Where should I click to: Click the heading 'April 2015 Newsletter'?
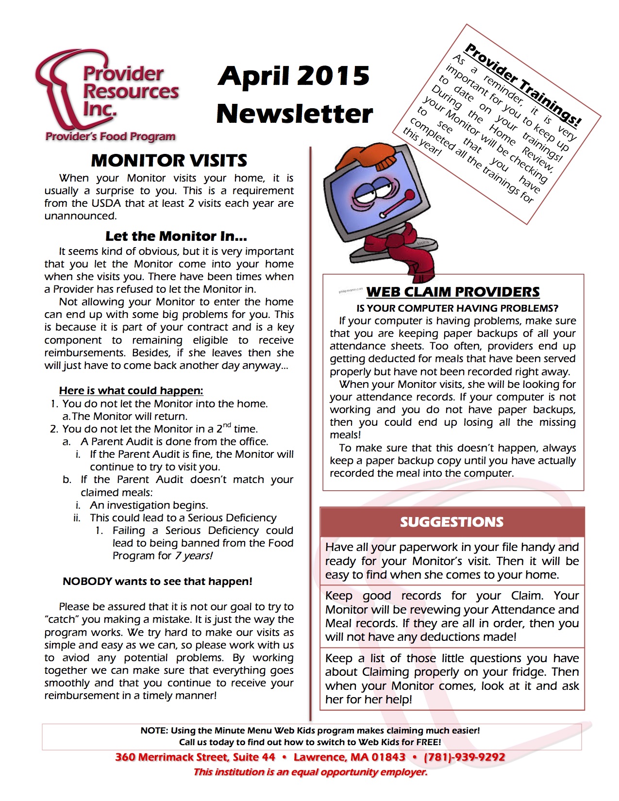294,95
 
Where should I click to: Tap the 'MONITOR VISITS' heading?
169,160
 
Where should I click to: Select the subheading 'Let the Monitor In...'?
176,236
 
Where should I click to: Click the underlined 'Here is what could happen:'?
131,391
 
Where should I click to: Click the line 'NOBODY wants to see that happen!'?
157,582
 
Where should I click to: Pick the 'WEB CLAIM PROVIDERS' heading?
453,292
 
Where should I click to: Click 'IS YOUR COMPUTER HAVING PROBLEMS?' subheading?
457,308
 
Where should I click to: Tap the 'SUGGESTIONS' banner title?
452,522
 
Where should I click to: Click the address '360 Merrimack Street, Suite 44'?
195,757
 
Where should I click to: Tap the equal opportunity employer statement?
310,772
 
